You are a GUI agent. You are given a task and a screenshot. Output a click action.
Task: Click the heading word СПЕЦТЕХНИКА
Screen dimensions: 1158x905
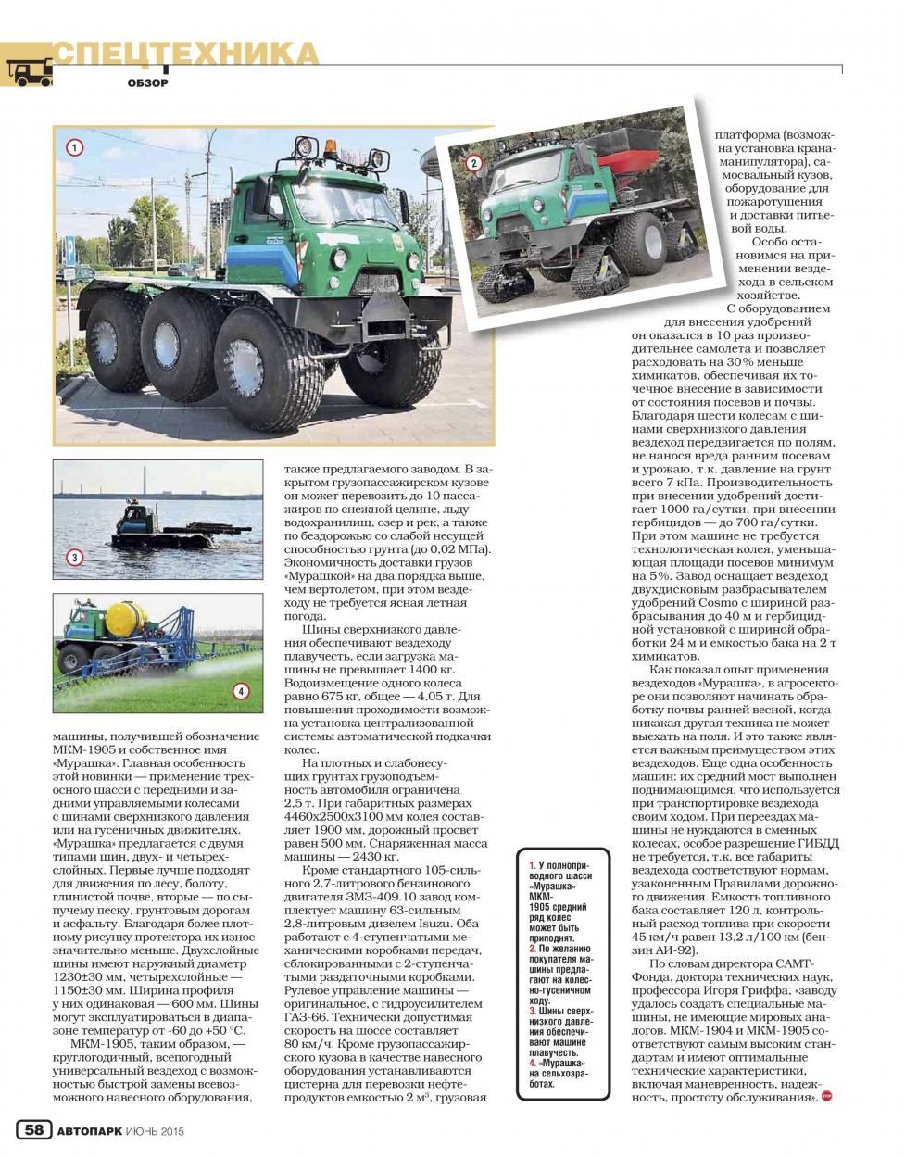(185, 54)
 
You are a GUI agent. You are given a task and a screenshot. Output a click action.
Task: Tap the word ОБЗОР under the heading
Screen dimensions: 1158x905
(148, 83)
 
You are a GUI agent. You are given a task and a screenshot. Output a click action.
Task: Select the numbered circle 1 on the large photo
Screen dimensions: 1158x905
(75, 146)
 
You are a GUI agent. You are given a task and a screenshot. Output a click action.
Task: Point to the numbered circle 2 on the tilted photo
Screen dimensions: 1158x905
(473, 164)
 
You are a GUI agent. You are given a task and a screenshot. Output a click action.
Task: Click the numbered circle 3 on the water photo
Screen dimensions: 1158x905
(73, 558)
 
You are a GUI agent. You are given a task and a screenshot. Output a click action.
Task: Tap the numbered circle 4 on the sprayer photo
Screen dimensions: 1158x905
(240, 690)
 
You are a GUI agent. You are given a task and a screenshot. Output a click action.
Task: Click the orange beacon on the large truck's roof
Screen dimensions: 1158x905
(331, 149)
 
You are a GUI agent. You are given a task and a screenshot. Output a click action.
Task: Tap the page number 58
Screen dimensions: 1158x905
(33, 1129)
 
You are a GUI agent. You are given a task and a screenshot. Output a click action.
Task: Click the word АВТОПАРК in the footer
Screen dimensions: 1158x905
(89, 1130)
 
